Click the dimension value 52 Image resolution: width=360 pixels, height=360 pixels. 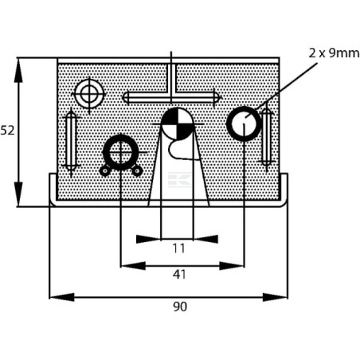7,131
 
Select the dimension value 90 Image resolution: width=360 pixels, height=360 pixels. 180,307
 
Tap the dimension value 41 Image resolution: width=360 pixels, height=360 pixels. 179,275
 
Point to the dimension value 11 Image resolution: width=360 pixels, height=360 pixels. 178,248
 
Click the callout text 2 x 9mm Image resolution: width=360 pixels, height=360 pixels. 334,53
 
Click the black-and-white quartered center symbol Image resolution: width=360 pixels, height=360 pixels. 178,123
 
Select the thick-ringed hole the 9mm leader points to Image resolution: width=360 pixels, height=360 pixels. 244,123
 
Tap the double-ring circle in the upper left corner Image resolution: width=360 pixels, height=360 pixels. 89,94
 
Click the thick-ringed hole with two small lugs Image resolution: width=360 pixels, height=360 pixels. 121,152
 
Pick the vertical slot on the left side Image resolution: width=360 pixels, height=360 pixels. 71,141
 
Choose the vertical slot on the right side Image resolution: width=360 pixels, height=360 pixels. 266,136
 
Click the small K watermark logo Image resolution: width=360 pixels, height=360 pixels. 179,179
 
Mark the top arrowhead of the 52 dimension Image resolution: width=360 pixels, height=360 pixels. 18,70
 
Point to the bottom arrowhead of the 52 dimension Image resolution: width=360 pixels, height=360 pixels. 18,194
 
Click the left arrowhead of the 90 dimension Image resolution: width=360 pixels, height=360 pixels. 62,297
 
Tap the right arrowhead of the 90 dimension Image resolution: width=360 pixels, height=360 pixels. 275,297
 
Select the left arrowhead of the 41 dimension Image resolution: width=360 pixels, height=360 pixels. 133,265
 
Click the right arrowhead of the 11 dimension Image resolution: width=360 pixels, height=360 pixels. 205,239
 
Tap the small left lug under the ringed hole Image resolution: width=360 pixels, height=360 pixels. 105,171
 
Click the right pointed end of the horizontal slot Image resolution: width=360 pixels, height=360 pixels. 218,97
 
